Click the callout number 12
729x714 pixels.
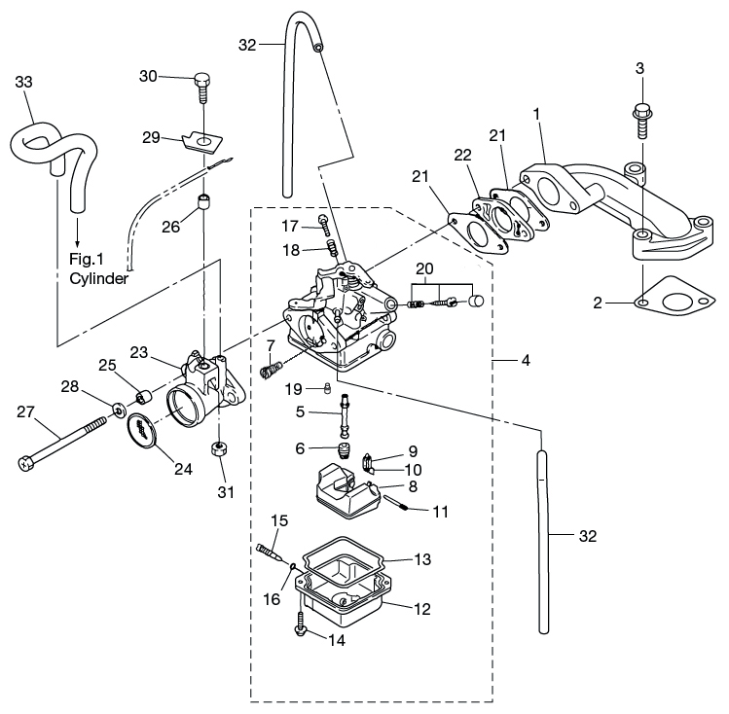[422, 610]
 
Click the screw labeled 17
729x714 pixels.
[322, 226]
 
